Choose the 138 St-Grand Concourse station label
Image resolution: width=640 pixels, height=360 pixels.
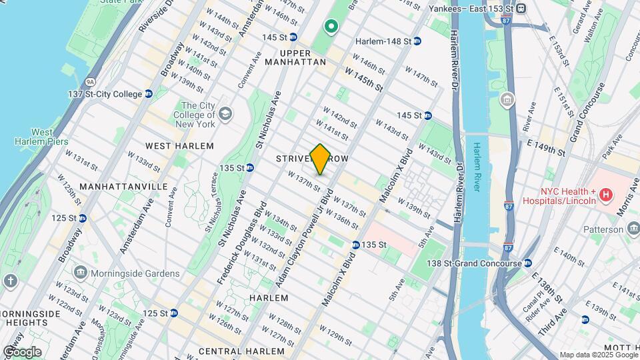click(x=474, y=264)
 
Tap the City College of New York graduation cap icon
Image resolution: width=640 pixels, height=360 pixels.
click(x=225, y=114)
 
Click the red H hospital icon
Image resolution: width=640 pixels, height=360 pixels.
click(x=605, y=195)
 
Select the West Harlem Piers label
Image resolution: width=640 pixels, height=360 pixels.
click(x=42, y=137)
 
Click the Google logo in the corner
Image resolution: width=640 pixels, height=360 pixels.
click(x=21, y=351)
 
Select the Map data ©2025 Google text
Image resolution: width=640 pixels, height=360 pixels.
click(x=598, y=355)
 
